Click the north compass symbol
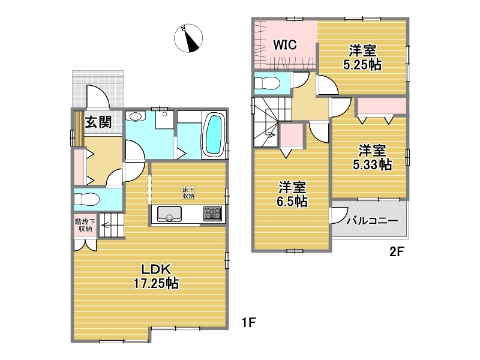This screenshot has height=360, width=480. point(188,38)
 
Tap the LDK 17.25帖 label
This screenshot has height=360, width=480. point(156,277)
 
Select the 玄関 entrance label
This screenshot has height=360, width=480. point(98,122)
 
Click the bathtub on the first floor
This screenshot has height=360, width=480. point(214,134)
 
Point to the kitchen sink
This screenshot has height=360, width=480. point(169,214)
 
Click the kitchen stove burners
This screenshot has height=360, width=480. point(212,214)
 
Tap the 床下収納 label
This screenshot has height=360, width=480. point(188,193)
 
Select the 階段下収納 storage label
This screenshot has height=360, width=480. point(85,225)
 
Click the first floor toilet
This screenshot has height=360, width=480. point(86,200)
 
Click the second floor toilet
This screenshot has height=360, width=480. point(267,83)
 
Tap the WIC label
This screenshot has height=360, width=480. point(284,44)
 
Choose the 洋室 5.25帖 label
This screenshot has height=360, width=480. point(362,57)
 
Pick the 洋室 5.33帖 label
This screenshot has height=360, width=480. point(372,157)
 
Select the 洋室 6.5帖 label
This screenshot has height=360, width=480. point(292,194)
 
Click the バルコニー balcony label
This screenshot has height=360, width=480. point(372,220)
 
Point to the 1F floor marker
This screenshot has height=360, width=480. point(248,322)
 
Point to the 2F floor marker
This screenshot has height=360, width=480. point(397,252)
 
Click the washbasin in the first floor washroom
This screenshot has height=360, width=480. point(136,116)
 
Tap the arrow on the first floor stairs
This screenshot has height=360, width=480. point(105,226)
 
